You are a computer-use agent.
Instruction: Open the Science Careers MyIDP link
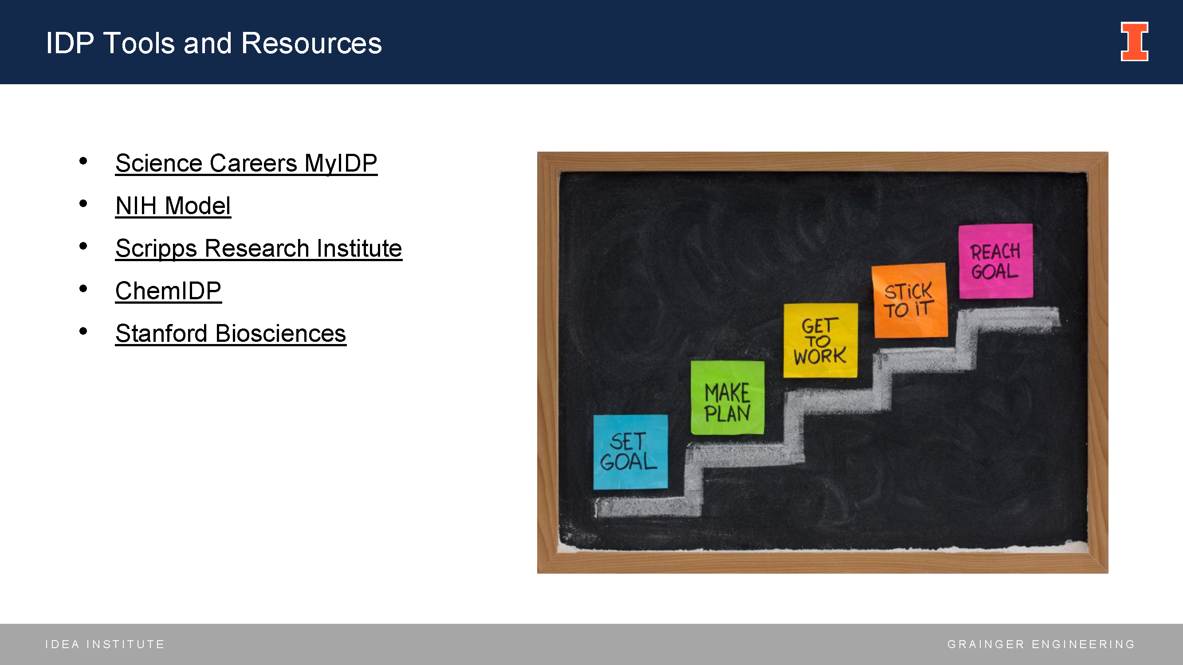coord(246,164)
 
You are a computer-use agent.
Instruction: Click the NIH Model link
coord(173,206)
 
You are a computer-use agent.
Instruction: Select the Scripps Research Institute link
coord(259,249)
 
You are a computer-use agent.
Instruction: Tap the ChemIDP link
coord(169,291)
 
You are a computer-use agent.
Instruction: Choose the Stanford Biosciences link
coord(231,333)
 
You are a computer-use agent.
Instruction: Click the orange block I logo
coord(1134,41)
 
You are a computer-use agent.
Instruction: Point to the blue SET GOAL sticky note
coord(630,452)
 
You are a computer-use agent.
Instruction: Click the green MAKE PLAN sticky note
coord(727,397)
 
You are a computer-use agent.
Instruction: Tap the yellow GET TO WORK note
coord(820,340)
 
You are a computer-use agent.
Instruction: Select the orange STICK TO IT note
coord(909,300)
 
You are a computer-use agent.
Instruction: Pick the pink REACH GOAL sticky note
coord(996,261)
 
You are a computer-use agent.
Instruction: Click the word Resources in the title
coord(311,43)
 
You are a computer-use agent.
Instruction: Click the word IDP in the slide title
coord(70,43)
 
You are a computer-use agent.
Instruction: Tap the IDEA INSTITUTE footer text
coord(105,644)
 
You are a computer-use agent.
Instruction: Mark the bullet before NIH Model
coord(83,203)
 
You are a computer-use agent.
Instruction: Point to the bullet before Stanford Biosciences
coord(83,331)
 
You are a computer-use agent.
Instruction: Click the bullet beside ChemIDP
coord(83,288)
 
